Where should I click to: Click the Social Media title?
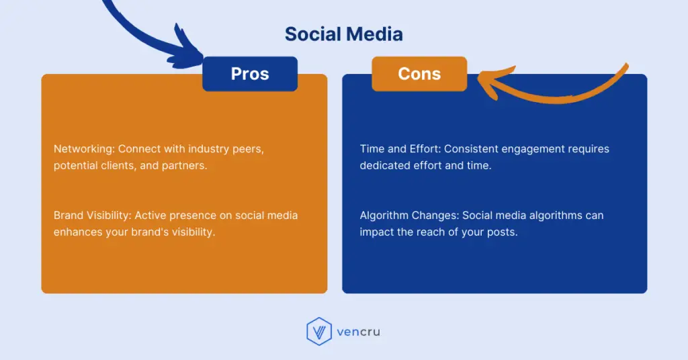343,34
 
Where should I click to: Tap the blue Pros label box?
250,74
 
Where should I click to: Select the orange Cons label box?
419,74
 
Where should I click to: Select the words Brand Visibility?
93,216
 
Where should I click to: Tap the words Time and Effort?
400,149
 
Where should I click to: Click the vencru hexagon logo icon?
319,332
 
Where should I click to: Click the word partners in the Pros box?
184,165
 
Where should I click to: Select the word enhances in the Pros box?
78,232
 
